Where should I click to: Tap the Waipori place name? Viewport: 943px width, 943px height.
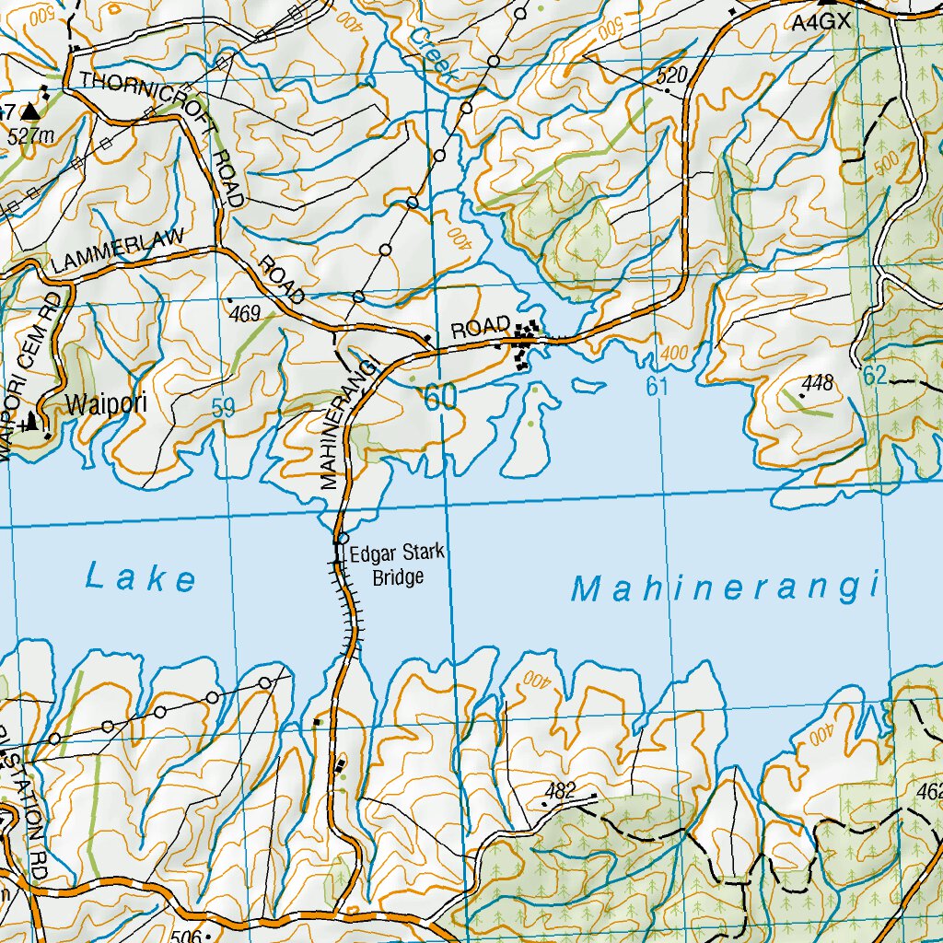[106, 403]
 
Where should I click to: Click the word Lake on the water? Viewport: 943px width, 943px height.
[141, 578]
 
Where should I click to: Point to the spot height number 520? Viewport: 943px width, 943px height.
[672, 76]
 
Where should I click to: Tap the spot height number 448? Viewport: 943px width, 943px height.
[817, 382]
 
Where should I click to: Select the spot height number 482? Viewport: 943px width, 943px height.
[560, 789]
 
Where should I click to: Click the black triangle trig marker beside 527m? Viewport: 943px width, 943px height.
[31, 111]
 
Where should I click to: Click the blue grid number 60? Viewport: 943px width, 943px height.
[440, 398]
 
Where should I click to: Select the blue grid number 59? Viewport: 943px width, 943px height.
[223, 409]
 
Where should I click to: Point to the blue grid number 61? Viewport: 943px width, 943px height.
[656, 387]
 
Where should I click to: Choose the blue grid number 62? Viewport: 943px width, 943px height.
[876, 375]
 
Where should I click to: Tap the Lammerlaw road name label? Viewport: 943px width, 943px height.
[119, 250]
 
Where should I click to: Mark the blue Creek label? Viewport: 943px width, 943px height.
[432, 54]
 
